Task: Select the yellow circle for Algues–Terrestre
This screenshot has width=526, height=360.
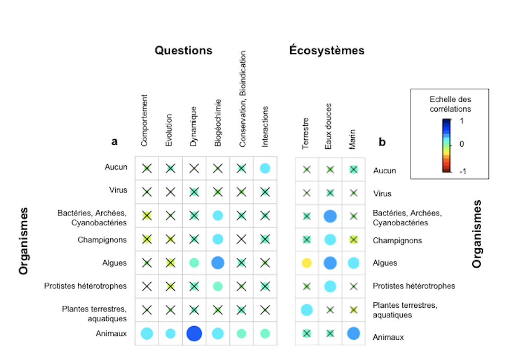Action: [x=307, y=263]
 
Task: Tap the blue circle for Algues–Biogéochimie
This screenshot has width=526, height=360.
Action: [x=218, y=263]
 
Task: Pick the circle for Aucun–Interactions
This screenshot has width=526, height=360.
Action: [x=265, y=168]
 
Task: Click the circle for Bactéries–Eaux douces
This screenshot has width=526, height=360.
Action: [x=330, y=215]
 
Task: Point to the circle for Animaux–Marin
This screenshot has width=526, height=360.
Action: [x=353, y=333]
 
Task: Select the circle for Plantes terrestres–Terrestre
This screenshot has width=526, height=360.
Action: [x=307, y=309]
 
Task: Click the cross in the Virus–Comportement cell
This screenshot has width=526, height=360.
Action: [x=147, y=191]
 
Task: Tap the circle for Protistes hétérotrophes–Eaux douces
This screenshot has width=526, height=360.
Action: [x=330, y=286]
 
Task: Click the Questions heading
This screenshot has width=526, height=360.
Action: [x=183, y=51]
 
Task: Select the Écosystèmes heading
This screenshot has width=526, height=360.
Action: [x=327, y=51]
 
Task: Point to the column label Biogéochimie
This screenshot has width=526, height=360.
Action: [x=218, y=123]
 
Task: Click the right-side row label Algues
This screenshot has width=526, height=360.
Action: [x=385, y=263]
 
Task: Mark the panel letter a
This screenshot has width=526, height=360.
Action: [x=114, y=141]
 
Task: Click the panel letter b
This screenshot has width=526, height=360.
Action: [x=382, y=141]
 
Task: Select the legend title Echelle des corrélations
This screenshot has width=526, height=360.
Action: [x=450, y=104]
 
